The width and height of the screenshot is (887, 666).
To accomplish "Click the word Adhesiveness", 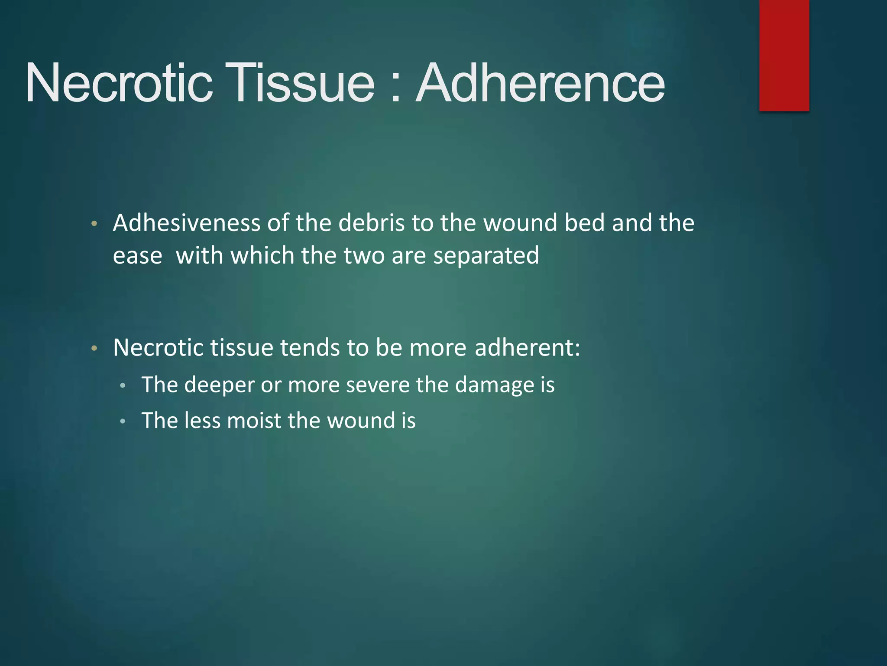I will pyautogui.click(x=186, y=223).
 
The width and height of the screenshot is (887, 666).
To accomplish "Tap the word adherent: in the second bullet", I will pyautogui.click(x=527, y=348).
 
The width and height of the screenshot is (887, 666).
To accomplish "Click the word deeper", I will pyautogui.click(x=219, y=385).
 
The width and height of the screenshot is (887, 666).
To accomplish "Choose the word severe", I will pyautogui.click(x=378, y=385).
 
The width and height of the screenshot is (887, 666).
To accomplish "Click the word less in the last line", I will pyautogui.click(x=202, y=421).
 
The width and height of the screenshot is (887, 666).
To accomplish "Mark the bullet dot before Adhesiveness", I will pyautogui.click(x=94, y=225).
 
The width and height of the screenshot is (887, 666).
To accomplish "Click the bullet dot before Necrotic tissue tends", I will pyautogui.click(x=94, y=349).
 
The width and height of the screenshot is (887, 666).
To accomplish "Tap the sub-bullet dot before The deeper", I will pyautogui.click(x=123, y=385).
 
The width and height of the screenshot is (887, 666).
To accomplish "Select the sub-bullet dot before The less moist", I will pyautogui.click(x=123, y=421).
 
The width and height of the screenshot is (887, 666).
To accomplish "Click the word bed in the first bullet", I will pyautogui.click(x=584, y=223).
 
